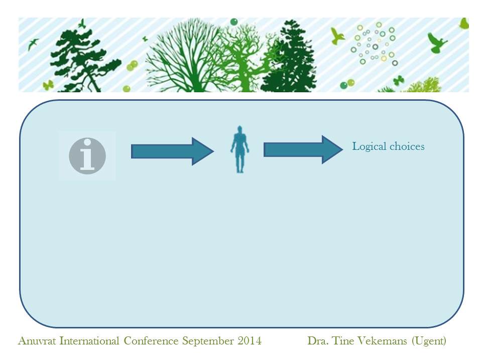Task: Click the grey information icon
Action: (87, 156)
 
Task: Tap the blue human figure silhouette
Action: (240, 149)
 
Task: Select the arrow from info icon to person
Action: (172, 151)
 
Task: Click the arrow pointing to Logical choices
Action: (303, 149)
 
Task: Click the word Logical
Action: (369, 146)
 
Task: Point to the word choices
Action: (407, 146)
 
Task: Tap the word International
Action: (89, 341)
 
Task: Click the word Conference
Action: (151, 341)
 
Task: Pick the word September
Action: (208, 341)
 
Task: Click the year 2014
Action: (250, 341)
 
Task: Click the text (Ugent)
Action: (429, 341)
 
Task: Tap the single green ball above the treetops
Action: (234, 22)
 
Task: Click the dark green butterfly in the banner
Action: (398, 80)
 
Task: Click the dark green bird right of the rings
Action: (436, 42)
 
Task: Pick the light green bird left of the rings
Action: (337, 36)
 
